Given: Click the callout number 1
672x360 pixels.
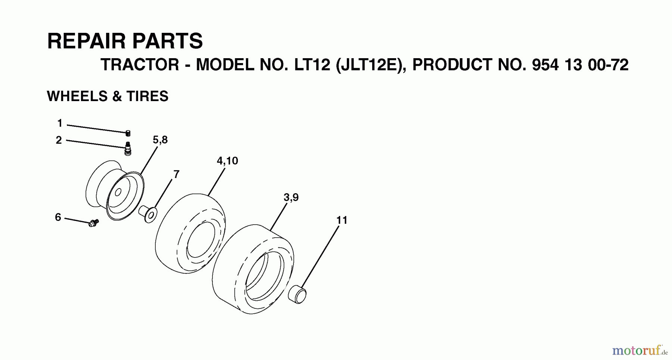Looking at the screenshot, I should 60,123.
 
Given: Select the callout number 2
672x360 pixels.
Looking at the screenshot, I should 59,140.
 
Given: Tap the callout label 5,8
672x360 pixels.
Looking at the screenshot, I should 160,140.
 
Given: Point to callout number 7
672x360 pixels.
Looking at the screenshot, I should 176,174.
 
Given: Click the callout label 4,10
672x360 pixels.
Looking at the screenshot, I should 227,161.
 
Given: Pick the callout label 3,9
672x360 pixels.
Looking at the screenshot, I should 291,197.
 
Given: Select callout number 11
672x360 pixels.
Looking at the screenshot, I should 342,220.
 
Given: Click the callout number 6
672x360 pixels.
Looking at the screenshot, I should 58,217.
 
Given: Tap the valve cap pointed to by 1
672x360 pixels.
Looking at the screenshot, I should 128,133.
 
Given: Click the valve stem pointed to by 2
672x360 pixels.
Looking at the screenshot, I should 128,148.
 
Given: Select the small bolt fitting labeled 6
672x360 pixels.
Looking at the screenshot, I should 93,223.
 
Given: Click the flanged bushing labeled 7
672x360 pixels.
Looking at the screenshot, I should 148,214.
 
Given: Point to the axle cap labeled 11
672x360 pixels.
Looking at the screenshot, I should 298,294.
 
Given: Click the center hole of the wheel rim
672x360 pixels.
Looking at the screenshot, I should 118,192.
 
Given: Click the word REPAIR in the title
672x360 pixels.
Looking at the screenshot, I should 87,41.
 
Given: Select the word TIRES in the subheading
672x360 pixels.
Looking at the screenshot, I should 147,96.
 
